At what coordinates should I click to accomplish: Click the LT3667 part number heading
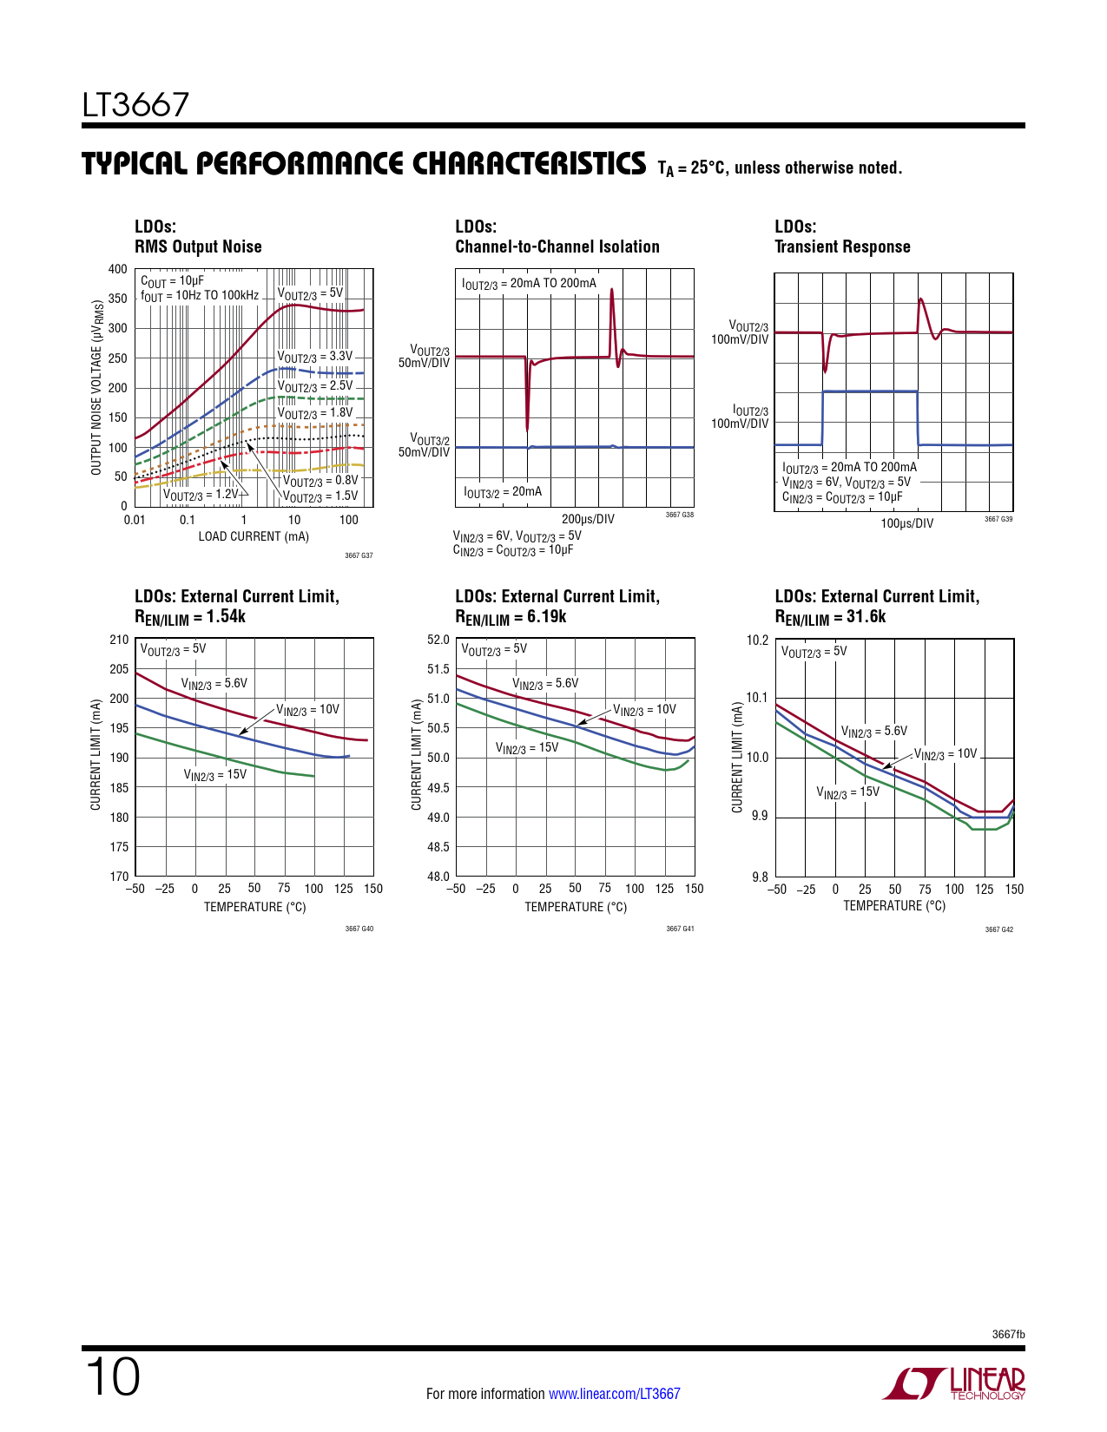[x=135, y=106]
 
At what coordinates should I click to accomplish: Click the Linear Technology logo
[x=954, y=1383]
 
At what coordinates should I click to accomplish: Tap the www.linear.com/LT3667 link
[x=614, y=1394]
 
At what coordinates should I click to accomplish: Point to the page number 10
[x=112, y=1377]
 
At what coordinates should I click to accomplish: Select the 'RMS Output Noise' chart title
[x=198, y=246]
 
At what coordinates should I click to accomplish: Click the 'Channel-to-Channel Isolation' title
[x=557, y=246]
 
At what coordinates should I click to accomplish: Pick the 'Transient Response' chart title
[x=842, y=246]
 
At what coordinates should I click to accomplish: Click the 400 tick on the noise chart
[x=118, y=269]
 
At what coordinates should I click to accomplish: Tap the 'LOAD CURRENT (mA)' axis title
[x=254, y=536]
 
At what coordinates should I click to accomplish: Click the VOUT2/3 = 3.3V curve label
[x=315, y=357]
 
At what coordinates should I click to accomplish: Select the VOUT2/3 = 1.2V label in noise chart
[x=201, y=495]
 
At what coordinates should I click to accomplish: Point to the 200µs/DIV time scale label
[x=588, y=519]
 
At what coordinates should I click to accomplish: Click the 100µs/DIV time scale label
[x=906, y=523]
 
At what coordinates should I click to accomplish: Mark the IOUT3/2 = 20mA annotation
[x=503, y=492]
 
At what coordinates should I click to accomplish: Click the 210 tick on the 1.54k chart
[x=119, y=640]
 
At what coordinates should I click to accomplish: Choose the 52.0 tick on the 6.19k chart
[x=438, y=640]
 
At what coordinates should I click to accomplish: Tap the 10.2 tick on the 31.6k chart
[x=758, y=640]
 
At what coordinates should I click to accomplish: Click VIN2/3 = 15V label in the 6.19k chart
[x=527, y=747]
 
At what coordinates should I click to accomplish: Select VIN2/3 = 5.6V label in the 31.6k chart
[x=873, y=732]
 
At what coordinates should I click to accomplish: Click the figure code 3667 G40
[x=359, y=929]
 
